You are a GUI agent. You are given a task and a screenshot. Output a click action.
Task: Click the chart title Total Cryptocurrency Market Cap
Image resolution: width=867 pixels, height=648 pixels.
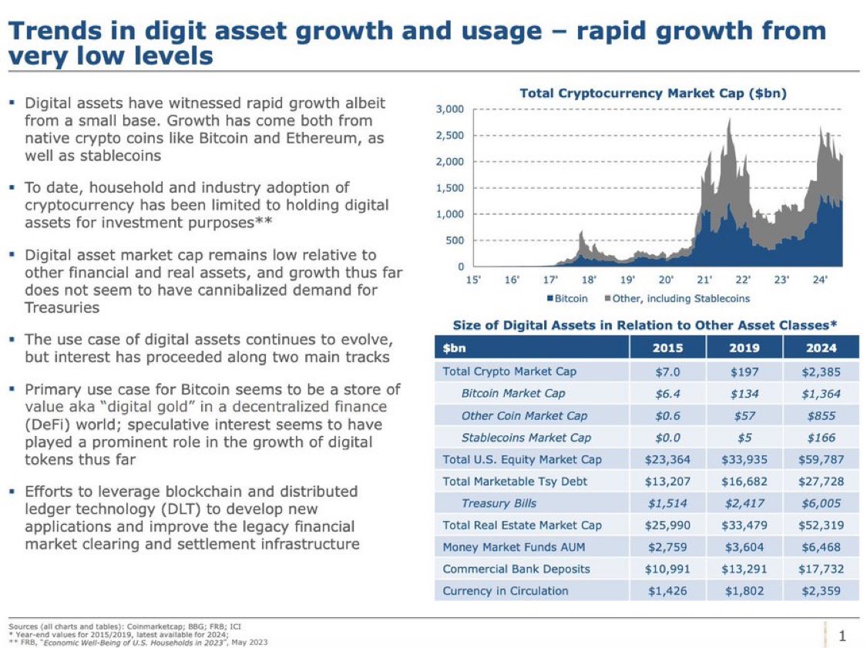coord(653,93)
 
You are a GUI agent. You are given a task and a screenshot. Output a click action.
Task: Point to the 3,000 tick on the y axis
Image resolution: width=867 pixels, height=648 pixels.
coord(449,109)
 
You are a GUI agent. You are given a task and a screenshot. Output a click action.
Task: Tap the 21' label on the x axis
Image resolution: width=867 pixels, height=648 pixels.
coord(704,281)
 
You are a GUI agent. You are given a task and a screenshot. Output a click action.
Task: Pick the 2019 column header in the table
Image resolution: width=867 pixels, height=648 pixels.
coord(744,348)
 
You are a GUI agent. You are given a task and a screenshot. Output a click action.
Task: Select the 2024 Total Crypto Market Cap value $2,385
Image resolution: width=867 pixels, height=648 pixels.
coord(821,371)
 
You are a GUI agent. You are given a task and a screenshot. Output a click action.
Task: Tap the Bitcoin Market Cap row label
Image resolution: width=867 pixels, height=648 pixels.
coord(512,393)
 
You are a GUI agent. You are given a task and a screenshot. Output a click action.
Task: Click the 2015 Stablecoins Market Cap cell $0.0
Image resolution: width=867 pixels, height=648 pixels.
coord(667,438)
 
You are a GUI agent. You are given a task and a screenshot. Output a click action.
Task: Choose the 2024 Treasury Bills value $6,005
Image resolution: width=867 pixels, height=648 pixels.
coord(821,503)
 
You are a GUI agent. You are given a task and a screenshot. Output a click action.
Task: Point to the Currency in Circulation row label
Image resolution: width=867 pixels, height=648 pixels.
coord(505,591)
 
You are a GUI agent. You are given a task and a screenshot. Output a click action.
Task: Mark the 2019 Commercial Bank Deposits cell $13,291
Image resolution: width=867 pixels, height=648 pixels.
coord(744,569)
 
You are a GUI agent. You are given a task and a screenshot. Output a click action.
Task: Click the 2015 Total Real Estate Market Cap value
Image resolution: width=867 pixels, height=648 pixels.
coord(667,525)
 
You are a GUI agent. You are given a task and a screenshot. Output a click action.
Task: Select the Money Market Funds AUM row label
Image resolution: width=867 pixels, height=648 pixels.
coord(513,547)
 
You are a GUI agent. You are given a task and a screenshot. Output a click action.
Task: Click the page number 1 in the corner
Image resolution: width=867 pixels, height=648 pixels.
coord(842,636)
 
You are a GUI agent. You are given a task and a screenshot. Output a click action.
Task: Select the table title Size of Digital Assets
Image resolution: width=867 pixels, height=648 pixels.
coord(645,324)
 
